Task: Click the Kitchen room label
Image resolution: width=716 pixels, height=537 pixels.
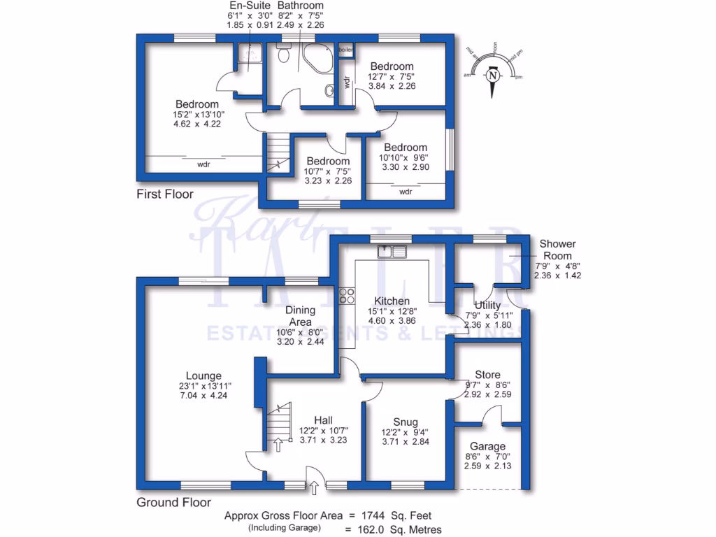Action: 392,301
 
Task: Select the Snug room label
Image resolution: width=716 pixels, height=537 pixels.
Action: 405,422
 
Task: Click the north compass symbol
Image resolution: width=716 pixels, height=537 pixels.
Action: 494,76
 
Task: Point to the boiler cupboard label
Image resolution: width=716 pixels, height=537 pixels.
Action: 345,51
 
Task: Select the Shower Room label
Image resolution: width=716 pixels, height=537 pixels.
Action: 557,250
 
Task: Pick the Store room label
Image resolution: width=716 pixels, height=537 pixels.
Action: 487,375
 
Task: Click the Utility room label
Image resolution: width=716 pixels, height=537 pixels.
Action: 487,306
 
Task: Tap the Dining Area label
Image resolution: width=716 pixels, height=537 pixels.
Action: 300,315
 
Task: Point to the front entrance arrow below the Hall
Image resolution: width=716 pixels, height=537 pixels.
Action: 314,487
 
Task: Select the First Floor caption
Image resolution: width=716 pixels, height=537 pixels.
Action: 164,194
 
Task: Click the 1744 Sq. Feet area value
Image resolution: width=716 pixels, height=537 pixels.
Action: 399,516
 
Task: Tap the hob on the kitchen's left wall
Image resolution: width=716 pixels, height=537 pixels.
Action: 344,296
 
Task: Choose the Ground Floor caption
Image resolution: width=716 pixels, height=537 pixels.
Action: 173,501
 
